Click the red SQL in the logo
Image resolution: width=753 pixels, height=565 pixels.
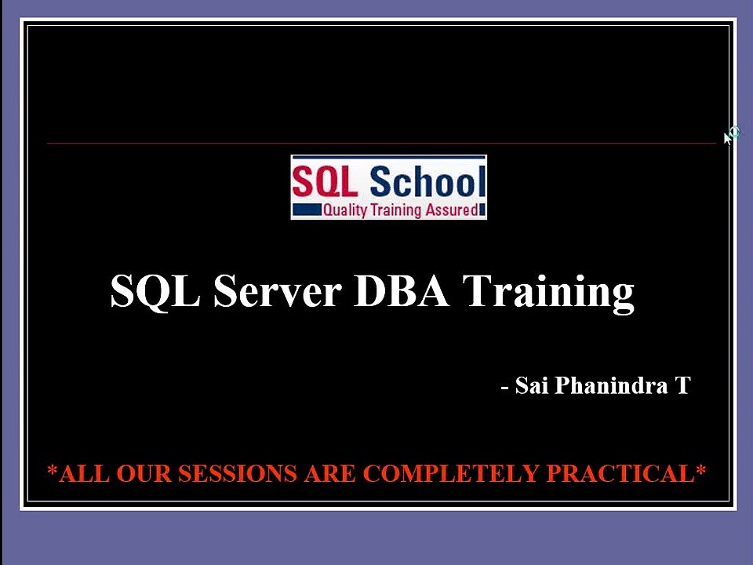pos(324,181)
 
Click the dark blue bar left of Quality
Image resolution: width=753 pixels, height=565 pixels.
pos(307,210)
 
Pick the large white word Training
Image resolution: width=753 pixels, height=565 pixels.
pos(548,293)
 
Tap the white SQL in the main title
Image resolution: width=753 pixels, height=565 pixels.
pos(155,291)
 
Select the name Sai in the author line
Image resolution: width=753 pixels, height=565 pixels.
pos(532,385)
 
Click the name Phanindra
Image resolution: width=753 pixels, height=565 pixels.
pos(611,385)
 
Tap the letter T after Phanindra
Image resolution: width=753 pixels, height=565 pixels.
pos(682,385)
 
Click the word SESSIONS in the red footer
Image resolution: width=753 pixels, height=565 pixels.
pos(238,473)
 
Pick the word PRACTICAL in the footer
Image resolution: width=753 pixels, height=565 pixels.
pos(620,473)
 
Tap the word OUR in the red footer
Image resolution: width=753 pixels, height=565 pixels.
pos(144,473)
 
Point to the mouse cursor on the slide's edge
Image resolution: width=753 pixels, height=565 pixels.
pos(732,136)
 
